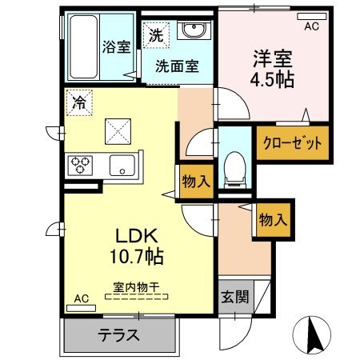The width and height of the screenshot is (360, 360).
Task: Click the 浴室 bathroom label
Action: (116, 46)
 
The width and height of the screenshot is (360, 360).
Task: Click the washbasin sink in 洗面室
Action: (192, 32)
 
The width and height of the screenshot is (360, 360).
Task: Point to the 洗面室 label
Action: (177, 66)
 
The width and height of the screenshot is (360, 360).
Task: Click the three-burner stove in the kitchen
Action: (82, 166)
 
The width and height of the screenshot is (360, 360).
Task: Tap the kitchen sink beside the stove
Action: (123, 166)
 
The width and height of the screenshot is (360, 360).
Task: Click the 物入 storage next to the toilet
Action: (195, 181)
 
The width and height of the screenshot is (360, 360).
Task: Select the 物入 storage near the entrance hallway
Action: (273, 218)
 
